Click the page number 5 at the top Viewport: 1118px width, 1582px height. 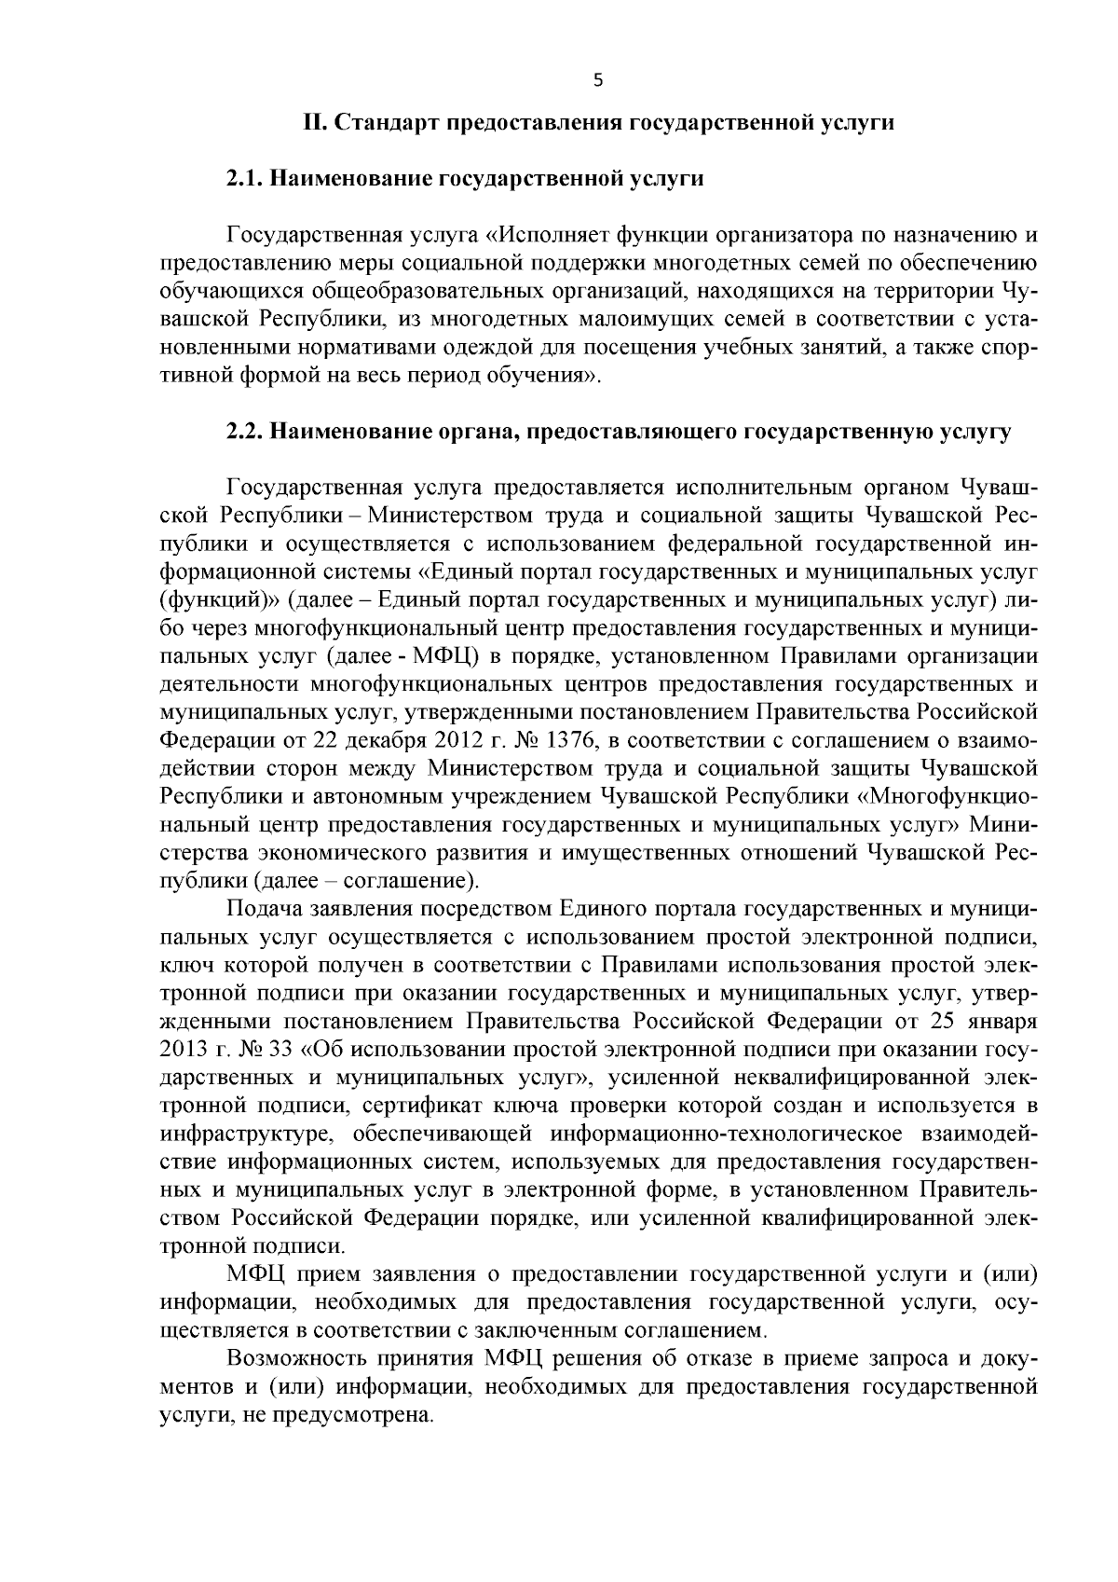coord(597,81)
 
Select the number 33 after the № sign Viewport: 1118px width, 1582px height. coord(280,1049)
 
